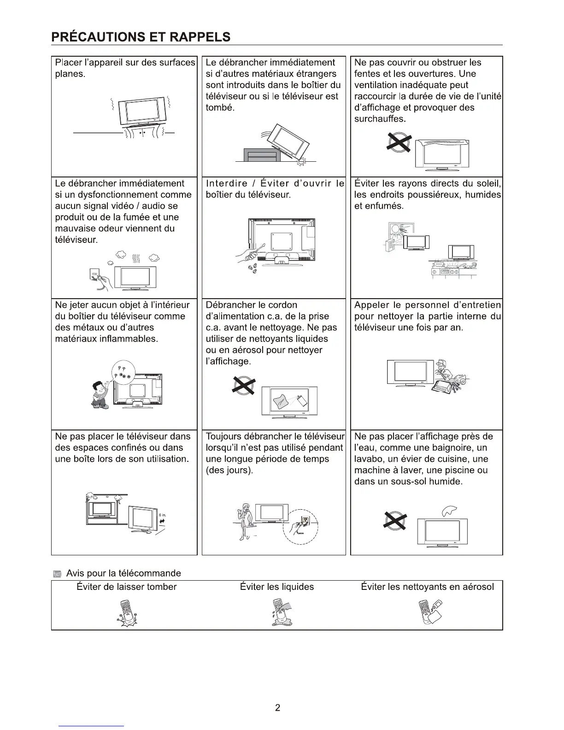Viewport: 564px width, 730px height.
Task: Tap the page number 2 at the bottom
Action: click(x=277, y=707)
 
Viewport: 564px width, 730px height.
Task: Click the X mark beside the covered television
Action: click(x=399, y=141)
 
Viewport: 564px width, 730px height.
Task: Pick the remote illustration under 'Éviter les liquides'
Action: click(x=281, y=613)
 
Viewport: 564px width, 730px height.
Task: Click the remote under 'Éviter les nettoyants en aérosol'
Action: click(x=429, y=612)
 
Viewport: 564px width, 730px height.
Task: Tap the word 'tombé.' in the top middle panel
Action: click(x=220, y=108)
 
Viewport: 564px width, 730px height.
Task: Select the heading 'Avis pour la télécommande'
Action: click(x=123, y=573)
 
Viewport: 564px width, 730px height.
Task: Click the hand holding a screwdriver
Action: click(x=249, y=253)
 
